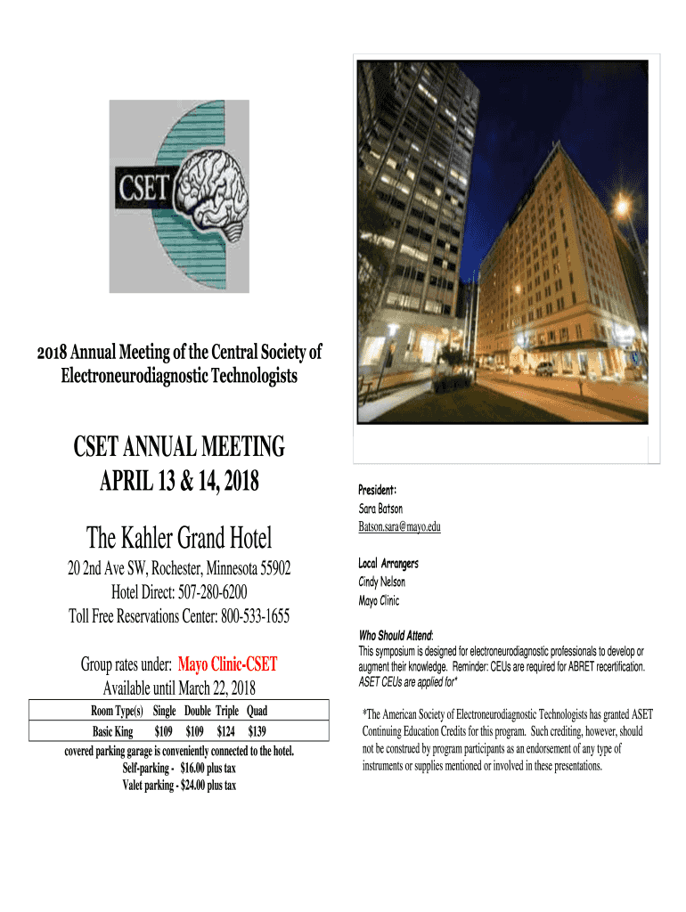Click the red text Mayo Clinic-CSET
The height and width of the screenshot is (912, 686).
pos(227,664)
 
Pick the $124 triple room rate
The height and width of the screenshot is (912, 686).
pos(227,731)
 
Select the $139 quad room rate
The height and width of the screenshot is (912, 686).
pos(257,731)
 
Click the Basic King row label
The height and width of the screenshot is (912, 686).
pos(112,731)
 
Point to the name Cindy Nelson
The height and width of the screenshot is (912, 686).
pos(381,582)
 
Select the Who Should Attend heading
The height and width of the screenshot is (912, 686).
pos(395,636)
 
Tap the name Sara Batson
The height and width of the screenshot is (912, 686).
pos(380,509)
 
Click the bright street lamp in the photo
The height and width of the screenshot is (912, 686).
pos(621,206)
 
